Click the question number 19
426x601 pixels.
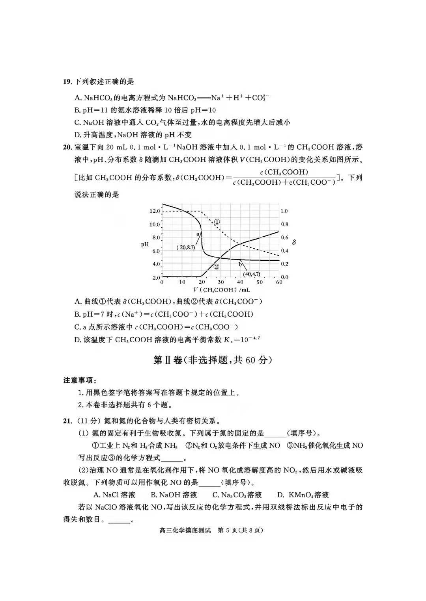point(67,82)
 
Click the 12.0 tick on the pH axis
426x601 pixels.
point(154,211)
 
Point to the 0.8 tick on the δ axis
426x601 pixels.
point(284,224)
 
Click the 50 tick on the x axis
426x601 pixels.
point(259,282)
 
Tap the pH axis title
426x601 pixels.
point(145,245)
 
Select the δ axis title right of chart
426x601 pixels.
point(293,242)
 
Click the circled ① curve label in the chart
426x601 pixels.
point(217,222)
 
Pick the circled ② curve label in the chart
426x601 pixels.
point(216,267)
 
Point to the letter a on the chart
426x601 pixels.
point(198,234)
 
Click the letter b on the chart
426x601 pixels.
point(240,265)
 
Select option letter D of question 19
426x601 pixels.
point(77,135)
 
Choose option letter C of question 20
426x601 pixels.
point(77,327)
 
